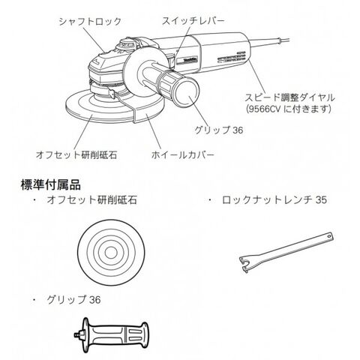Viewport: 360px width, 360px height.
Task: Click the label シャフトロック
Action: coord(90,22)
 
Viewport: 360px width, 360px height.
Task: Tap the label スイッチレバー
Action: coord(193,21)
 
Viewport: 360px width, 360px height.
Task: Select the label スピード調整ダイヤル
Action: coord(289,97)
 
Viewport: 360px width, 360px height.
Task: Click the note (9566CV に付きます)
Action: coord(289,109)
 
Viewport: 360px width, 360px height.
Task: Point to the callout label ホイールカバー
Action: coord(183,155)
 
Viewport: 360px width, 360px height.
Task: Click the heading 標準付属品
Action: coord(51,185)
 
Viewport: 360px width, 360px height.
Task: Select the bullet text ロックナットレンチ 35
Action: coord(274,200)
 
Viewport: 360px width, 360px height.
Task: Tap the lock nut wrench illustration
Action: coord(286,253)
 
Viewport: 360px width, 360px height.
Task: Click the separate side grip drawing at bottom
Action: coord(111,334)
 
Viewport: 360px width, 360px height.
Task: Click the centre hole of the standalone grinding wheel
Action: coord(111,253)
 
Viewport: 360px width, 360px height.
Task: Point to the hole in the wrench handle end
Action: coord(329,236)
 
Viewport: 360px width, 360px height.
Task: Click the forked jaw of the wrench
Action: coord(245,264)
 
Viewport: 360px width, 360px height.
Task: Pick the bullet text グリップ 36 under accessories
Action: coord(73,299)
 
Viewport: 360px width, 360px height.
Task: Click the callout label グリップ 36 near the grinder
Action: coord(219,130)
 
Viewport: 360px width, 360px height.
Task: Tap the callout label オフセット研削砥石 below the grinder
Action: coord(76,155)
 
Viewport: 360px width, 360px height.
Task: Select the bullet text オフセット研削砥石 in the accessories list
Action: coord(92,200)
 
